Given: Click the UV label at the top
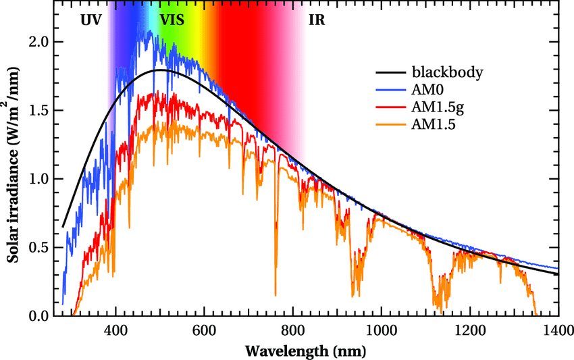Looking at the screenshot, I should (x=90, y=20).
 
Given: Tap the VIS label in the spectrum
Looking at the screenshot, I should (x=172, y=20).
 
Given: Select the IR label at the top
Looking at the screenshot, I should (x=316, y=20).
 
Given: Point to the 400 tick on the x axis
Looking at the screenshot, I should (x=115, y=331).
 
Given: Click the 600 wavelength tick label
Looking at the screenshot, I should (x=204, y=331).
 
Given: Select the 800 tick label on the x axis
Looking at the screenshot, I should (x=292, y=331).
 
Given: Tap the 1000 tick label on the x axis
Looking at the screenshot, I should (x=381, y=331).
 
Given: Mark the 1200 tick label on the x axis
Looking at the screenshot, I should (x=470, y=331).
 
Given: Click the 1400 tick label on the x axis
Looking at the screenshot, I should (x=558, y=331).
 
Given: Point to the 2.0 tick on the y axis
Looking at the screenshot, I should (x=39, y=41).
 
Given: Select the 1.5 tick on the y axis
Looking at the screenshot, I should (x=39, y=110).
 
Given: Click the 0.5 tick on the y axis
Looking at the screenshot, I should (x=39, y=247).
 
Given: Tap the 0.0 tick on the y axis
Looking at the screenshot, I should (x=39, y=316).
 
